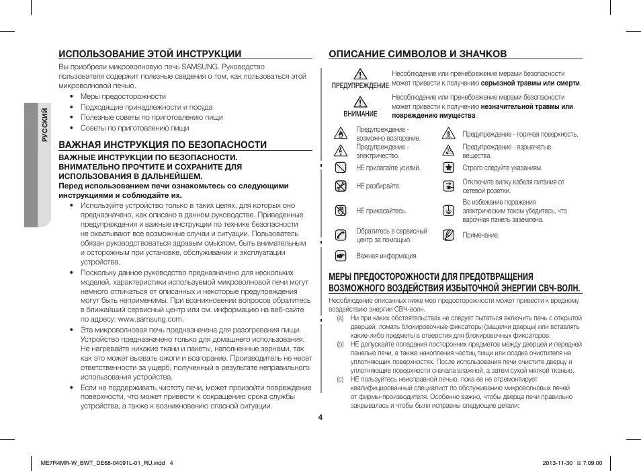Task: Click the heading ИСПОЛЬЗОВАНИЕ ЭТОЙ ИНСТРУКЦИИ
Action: (x=149, y=54)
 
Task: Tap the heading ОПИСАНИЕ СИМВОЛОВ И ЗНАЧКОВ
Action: (x=417, y=54)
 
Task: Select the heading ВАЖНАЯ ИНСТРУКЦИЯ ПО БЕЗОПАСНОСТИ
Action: (x=163, y=145)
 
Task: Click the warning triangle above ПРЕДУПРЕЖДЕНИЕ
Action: (x=360, y=75)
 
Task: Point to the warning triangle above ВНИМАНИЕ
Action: (x=360, y=102)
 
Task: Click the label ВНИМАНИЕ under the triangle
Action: (x=360, y=114)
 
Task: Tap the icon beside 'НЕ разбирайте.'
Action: (x=341, y=186)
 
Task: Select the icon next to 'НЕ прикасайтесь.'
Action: (x=341, y=211)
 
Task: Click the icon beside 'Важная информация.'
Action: (x=341, y=256)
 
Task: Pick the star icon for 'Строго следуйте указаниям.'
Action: (x=448, y=168)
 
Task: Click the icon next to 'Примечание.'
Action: (x=448, y=235)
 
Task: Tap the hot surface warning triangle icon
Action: (x=448, y=134)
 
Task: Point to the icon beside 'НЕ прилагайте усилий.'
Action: (x=341, y=168)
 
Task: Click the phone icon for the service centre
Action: (x=341, y=235)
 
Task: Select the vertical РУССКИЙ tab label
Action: (x=44, y=125)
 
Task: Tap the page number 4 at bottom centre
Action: (x=320, y=417)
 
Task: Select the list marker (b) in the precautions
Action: (x=341, y=344)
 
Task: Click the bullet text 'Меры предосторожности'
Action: (x=123, y=97)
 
